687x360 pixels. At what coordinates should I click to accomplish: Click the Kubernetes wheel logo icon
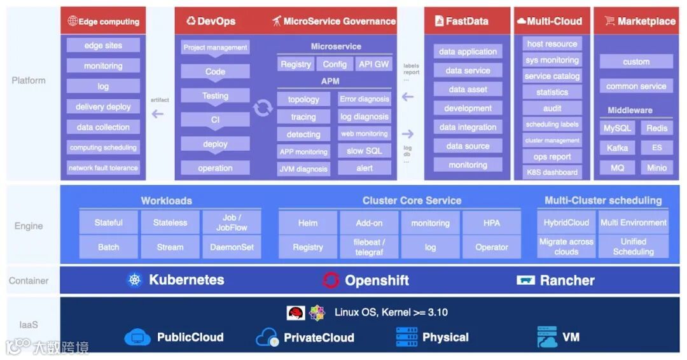tap(134, 280)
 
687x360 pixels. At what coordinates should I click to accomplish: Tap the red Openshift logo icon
tap(331, 280)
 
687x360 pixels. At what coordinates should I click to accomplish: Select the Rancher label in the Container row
tap(567, 280)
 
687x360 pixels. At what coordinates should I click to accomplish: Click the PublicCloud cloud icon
tap(137, 337)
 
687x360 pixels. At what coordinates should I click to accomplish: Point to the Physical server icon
tap(406, 337)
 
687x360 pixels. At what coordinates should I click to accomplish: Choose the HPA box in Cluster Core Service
tap(492, 223)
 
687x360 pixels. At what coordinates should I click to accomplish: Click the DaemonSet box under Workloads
tap(232, 247)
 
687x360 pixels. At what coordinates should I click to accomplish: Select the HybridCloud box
tap(566, 223)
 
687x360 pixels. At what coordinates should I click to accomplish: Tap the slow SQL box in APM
tap(364, 151)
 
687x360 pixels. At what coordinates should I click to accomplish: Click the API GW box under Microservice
tap(373, 64)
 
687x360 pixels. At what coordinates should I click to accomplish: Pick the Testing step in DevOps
tap(215, 96)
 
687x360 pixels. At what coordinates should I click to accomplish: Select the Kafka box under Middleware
tap(617, 148)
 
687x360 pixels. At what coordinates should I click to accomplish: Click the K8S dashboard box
tap(552, 172)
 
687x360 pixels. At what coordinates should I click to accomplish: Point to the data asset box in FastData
tap(468, 90)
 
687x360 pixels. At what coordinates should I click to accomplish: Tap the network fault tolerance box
tap(103, 168)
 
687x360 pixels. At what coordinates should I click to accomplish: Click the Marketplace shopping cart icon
tap(609, 21)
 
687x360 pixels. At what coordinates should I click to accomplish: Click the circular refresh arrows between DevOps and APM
tap(263, 107)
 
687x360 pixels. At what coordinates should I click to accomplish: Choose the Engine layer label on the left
tap(29, 226)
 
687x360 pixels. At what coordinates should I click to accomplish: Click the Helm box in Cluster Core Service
tap(308, 223)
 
